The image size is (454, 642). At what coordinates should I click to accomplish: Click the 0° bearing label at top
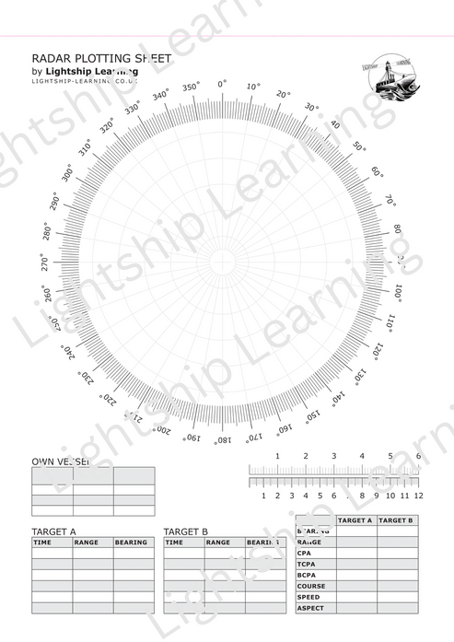click(x=222, y=85)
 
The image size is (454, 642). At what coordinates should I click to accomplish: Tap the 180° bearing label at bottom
click(x=221, y=440)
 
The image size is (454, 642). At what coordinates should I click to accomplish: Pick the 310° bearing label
click(x=86, y=148)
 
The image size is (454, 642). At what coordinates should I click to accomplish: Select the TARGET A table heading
click(x=53, y=532)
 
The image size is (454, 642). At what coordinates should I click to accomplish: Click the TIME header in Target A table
click(x=42, y=543)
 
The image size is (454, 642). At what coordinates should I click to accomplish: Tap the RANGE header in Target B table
click(x=218, y=543)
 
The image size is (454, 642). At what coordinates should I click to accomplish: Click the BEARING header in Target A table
click(x=131, y=543)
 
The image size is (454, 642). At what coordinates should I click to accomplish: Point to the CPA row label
click(x=304, y=554)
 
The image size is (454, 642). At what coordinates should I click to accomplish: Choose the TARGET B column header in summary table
click(x=397, y=520)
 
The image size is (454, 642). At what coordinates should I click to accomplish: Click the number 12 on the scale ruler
click(x=419, y=496)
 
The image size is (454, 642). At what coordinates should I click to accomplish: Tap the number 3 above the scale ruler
click(x=333, y=456)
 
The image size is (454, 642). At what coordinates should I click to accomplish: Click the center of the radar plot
click(x=221, y=263)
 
